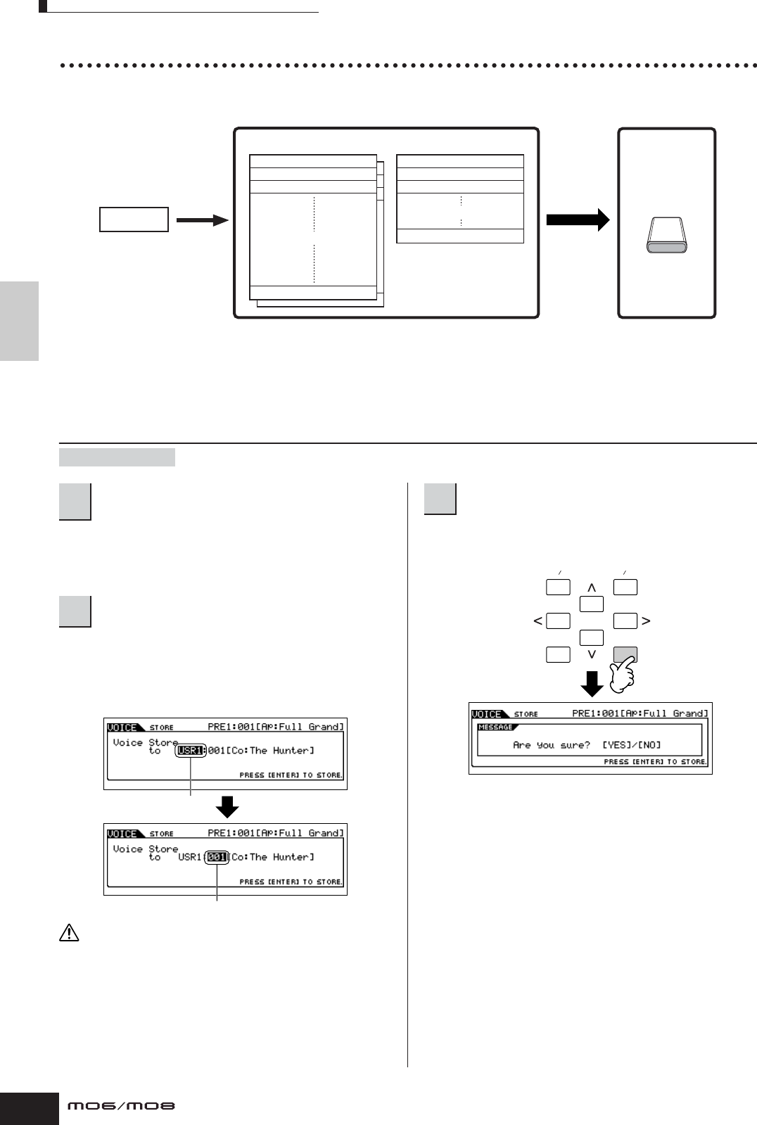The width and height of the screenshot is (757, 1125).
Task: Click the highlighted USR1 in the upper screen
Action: [190, 751]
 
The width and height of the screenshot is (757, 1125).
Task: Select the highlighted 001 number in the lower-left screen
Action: [217, 857]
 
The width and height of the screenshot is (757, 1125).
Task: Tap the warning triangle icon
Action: [69, 934]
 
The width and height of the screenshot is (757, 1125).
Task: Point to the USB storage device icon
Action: [666, 236]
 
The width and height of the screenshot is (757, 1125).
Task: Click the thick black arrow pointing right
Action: [578, 220]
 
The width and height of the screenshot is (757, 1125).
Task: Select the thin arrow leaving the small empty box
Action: [202, 220]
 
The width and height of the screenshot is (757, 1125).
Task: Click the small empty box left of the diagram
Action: [134, 220]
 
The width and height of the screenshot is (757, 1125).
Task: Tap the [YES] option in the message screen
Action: [617, 745]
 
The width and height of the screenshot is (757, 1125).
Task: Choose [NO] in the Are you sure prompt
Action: [649, 745]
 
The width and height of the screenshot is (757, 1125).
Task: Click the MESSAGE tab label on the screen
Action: [495, 727]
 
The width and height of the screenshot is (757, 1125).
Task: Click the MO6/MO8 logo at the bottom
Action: [121, 1106]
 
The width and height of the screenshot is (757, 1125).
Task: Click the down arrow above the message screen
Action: [592, 683]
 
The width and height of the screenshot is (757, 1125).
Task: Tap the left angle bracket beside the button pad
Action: [537, 621]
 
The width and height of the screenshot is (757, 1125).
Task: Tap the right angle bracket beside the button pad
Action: [646, 621]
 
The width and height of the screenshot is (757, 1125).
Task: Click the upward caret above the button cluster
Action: [592, 587]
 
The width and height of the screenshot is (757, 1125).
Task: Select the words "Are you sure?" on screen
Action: [551, 745]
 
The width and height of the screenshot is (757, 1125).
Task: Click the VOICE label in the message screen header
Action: [486, 714]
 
